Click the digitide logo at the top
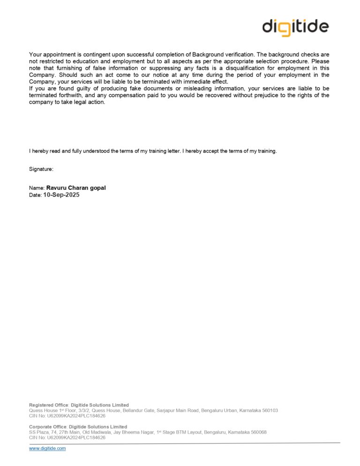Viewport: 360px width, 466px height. tap(295, 27)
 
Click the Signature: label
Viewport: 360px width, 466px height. tap(41, 168)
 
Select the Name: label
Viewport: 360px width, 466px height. tap(37, 188)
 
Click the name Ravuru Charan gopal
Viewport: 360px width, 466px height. tap(76, 188)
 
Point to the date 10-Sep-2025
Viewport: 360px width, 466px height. tap(61, 195)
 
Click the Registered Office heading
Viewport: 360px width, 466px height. tap(49, 405)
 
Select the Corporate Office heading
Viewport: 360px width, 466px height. tap(48, 427)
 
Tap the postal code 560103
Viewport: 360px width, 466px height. tap(269, 410)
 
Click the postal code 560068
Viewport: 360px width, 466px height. tap(257, 432)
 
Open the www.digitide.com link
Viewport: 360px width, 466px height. tap(47, 448)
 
